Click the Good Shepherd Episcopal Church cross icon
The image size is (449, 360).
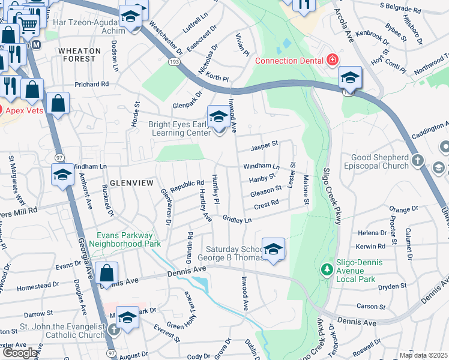(418, 161)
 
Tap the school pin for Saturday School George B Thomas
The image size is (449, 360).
(273, 249)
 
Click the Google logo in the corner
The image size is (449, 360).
(19, 353)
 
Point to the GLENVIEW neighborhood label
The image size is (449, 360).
(128, 182)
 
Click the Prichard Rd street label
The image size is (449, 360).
(91, 85)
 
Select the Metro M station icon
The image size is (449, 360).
(37, 45)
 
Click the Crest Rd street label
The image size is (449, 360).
(267, 203)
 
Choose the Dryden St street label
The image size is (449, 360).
(393, 287)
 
